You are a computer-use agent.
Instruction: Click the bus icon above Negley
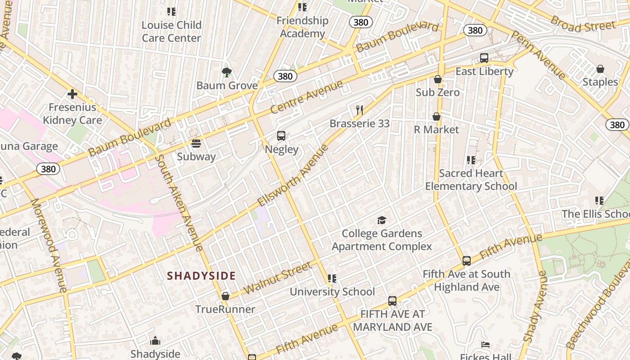[281, 136]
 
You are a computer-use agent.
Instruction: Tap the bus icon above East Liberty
[484, 58]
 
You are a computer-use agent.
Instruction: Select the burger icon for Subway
[196, 144]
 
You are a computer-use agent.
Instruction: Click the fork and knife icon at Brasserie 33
[359, 110]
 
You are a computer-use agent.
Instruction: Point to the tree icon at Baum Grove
[227, 72]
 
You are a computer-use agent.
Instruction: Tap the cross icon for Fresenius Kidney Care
[72, 94]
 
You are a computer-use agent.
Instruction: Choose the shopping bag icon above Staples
[600, 69]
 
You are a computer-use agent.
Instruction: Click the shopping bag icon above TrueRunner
[225, 296]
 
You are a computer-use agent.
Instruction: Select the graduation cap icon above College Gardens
[382, 220]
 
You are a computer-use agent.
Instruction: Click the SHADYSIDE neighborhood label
[201, 276]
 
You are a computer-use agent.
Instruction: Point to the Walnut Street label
[278, 277]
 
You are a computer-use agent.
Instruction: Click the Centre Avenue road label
[306, 97]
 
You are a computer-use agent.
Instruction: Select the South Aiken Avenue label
[179, 202]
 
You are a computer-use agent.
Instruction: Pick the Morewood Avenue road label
[48, 245]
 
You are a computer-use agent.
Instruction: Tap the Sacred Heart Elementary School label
[471, 180]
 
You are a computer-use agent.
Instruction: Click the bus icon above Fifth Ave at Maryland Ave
[392, 301]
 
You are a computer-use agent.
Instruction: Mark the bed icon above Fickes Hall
[486, 345]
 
